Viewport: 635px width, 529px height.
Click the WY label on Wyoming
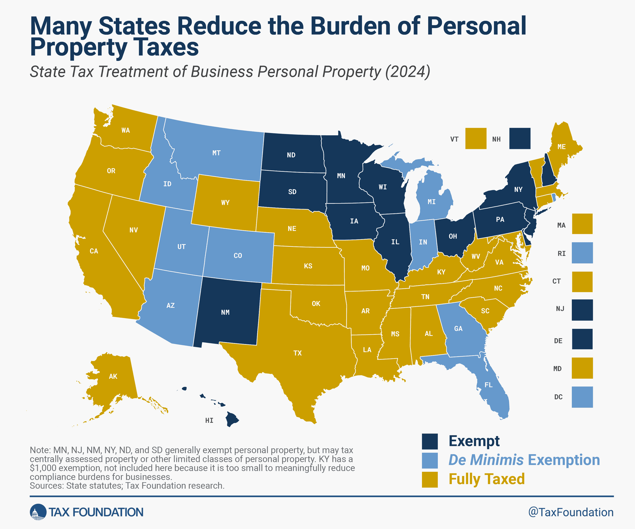click(225, 202)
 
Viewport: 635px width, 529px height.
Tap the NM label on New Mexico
click(225, 312)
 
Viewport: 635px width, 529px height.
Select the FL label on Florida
click(488, 385)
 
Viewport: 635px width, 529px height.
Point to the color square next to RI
click(582, 253)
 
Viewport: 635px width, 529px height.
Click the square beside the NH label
click(520, 138)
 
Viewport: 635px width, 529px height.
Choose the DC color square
click(582, 397)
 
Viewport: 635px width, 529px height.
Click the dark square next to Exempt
click(430, 441)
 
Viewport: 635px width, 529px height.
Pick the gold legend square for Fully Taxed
click(430, 479)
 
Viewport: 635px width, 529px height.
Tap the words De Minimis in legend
click(486, 460)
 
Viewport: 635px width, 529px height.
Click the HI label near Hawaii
click(209, 420)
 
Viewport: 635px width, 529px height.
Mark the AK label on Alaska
click(113, 376)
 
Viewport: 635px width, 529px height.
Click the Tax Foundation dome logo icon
click(38, 512)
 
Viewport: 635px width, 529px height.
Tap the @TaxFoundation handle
click(571, 512)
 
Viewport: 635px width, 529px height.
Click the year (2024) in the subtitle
click(407, 71)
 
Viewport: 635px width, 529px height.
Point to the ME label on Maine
click(562, 147)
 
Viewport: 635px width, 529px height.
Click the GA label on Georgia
click(458, 329)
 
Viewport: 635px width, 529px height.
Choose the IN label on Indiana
click(423, 242)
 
